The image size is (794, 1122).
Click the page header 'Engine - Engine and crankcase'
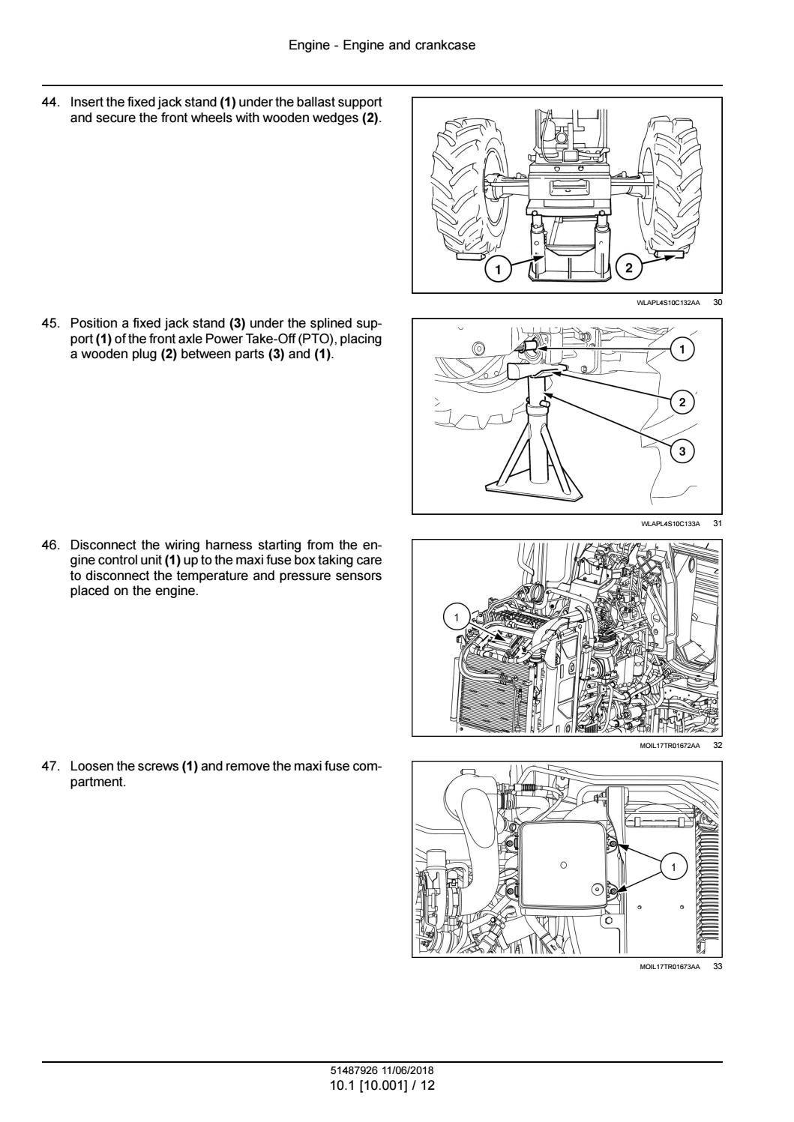[x=382, y=46]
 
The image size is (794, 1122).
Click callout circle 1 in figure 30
[x=499, y=268]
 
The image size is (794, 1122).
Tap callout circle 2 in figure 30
[x=628, y=268]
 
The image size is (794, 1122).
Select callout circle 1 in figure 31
[x=682, y=349]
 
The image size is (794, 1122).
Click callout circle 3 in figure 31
[x=682, y=451]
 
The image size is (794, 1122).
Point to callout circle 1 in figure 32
[x=456, y=618]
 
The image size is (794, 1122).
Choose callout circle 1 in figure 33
[x=673, y=868]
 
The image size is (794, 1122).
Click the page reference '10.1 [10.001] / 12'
[x=382, y=1085]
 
